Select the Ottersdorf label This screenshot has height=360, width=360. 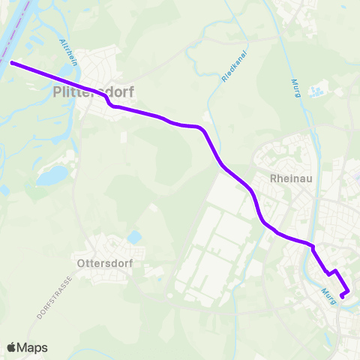pyautogui.click(x=105, y=263)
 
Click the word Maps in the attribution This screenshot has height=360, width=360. pyautogui.click(x=33, y=347)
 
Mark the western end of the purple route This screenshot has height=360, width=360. pyautogui.click(x=10, y=63)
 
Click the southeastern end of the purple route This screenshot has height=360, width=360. pyautogui.click(x=342, y=297)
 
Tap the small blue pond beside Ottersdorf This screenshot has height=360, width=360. pyautogui.click(x=135, y=238)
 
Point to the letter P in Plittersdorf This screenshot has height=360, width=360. pyautogui.click(x=58, y=93)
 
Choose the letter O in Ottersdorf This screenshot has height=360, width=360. pyautogui.click(x=82, y=263)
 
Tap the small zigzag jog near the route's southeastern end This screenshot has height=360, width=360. pyautogui.click(x=330, y=272)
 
